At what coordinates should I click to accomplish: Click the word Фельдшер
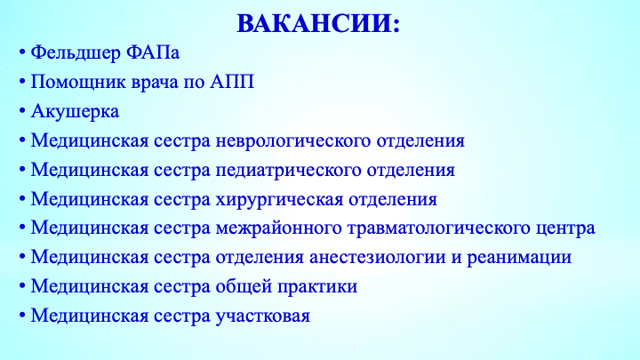point(76,53)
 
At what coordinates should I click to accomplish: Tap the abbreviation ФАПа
point(153,52)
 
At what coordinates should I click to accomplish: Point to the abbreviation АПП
point(232,82)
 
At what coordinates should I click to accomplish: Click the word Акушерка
point(75,111)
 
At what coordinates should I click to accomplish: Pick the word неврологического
point(293,140)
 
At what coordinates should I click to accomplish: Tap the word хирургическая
point(279,200)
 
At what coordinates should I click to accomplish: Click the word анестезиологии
point(378,258)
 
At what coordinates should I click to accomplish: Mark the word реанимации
point(519,258)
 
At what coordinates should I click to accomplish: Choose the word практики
point(317,287)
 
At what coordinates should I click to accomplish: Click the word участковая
point(263,316)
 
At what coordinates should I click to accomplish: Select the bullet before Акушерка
point(22,111)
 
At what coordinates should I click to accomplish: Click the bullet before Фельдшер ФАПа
point(22,52)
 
